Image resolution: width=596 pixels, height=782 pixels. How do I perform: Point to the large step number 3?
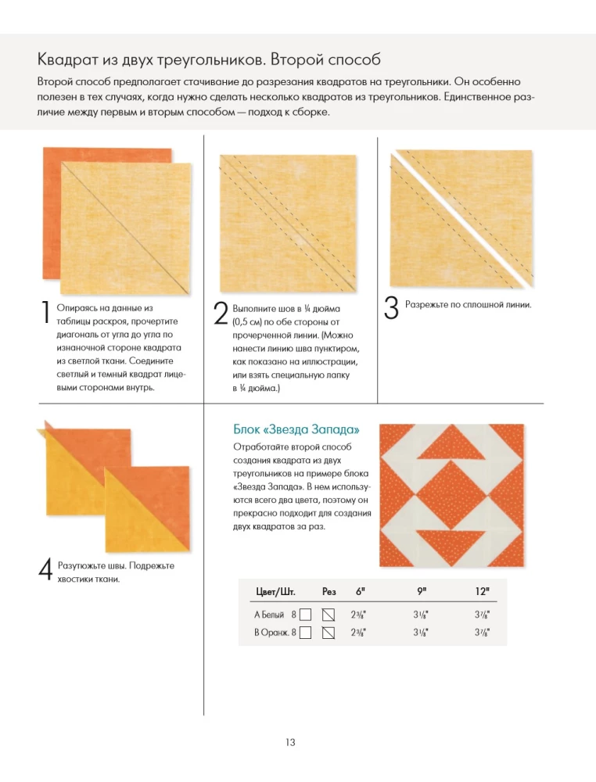coord(393,307)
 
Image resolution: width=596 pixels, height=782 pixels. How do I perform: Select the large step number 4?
coord(45,569)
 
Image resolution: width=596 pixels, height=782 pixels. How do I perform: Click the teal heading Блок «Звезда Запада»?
coord(297,429)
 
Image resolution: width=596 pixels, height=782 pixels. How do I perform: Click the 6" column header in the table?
coord(361,591)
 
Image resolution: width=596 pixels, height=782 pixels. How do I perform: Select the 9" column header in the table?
coord(421,591)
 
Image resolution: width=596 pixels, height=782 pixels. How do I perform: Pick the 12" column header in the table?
coord(482,591)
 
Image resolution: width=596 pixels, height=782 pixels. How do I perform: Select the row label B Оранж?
coord(271,632)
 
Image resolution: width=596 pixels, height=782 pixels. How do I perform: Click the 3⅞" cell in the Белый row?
coord(483,615)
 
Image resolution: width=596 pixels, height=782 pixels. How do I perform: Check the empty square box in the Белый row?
coord(307,615)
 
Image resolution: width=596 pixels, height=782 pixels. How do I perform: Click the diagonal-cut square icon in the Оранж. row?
coord(329,632)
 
